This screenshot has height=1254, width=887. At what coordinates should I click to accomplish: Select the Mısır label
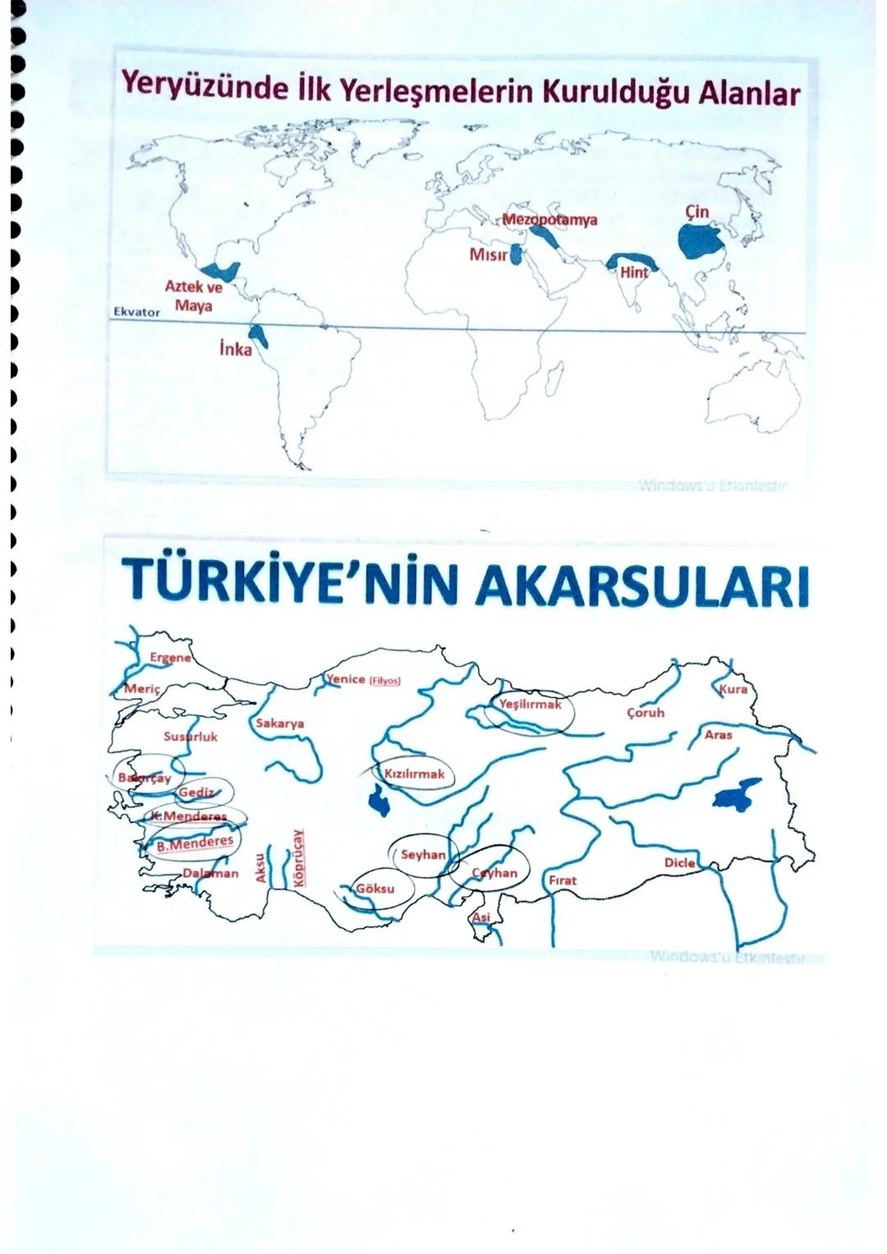coord(488,255)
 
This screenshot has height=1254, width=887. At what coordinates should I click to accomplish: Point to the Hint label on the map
coord(634,273)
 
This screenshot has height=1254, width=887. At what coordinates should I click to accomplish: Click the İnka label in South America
coord(236,349)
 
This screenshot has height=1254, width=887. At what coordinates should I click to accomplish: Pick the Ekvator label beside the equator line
coord(136,313)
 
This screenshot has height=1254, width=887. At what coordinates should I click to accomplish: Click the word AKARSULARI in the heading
coord(642,585)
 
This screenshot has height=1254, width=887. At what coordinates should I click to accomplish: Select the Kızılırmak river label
coord(414,774)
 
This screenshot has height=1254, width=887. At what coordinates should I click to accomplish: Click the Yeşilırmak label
coord(530,705)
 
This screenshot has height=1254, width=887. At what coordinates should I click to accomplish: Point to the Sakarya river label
coord(279,723)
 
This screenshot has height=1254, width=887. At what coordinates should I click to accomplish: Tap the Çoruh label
coord(645,713)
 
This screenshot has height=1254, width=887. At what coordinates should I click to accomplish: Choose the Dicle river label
coord(679,863)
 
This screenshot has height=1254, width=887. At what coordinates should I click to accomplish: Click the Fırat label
coord(563,880)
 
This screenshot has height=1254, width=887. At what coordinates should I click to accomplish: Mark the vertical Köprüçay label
coord(299,857)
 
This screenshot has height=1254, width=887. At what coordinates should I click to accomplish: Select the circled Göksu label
coord(375,889)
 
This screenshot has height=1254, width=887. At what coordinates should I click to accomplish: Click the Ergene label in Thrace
coord(170,658)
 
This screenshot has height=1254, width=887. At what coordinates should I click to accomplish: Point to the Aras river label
coord(718,735)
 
